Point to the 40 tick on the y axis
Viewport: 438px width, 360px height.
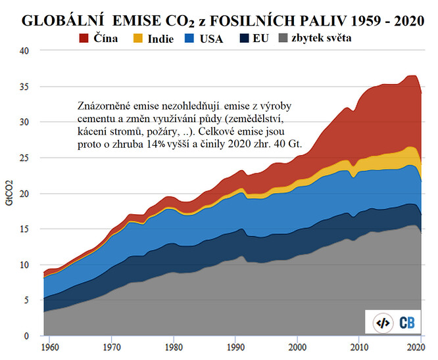tap(25, 51)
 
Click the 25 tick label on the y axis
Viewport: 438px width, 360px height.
tap(25, 158)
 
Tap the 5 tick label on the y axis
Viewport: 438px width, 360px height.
tap(28, 300)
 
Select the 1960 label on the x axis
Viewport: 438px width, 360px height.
tap(47, 347)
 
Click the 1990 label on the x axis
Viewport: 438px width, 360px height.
tap(235, 347)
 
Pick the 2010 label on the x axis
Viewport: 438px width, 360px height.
tap(359, 347)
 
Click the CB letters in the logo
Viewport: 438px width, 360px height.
tap(406, 322)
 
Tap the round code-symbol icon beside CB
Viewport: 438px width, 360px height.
tap(381, 323)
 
